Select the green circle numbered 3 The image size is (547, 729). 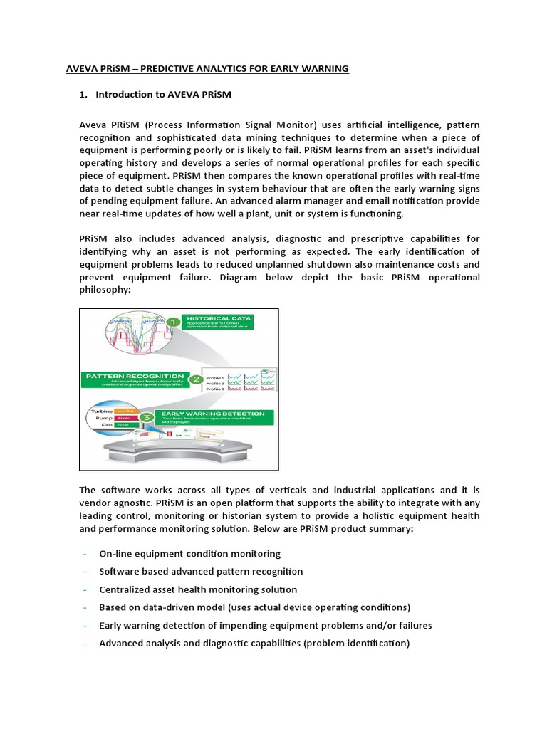tap(145, 416)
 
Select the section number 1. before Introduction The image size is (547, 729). tap(83, 95)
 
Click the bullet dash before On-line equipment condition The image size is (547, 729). tap(85, 553)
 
